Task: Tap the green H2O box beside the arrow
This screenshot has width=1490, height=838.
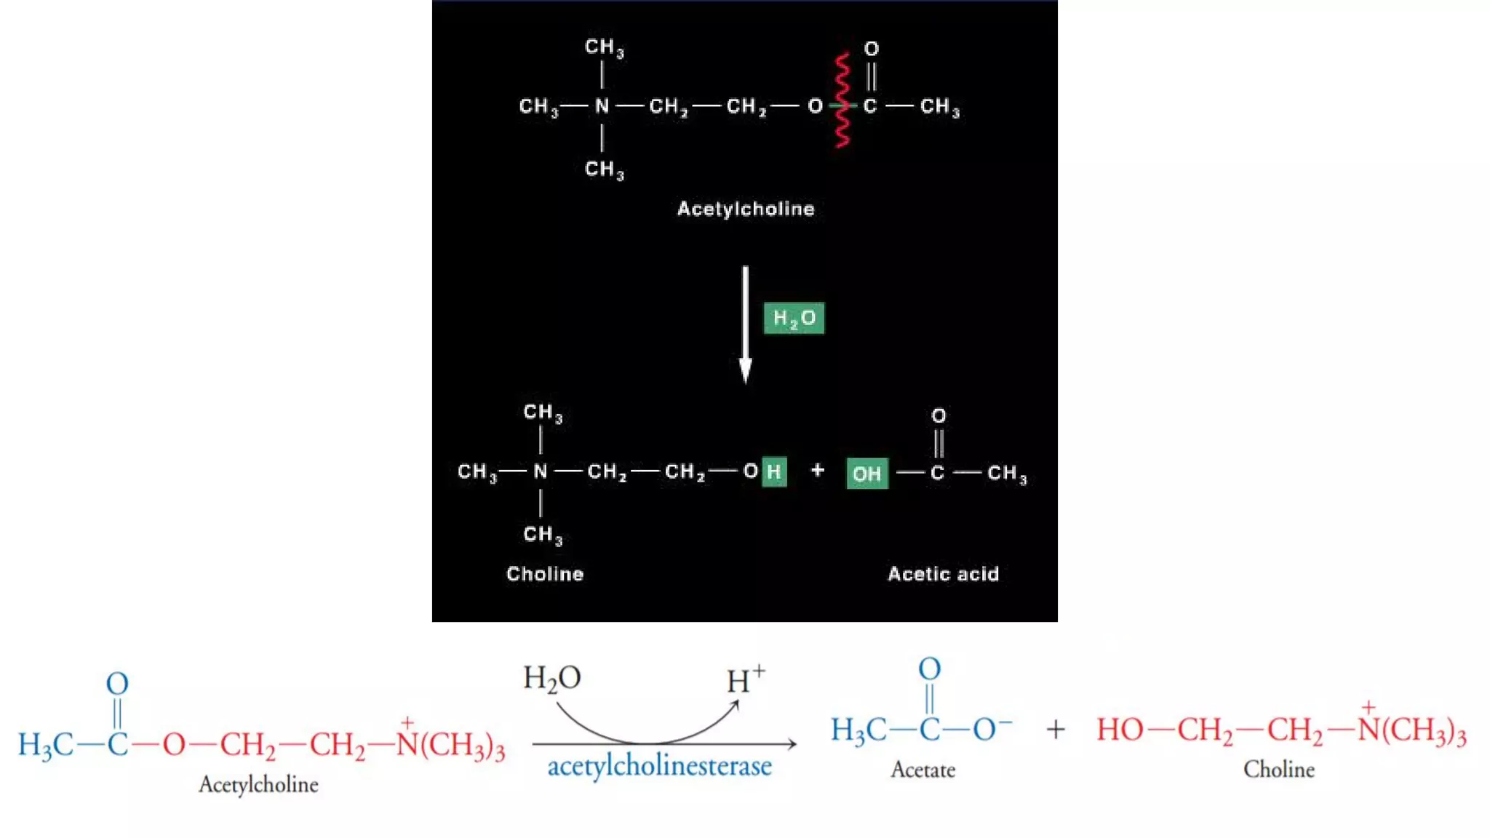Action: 794,318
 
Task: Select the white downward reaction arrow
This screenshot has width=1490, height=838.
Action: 745,324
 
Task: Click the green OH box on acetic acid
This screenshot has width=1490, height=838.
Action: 866,474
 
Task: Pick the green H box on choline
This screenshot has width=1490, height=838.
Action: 774,472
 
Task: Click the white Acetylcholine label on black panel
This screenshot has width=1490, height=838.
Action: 746,209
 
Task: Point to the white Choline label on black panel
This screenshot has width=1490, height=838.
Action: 545,574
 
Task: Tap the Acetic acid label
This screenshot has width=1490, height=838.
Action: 943,574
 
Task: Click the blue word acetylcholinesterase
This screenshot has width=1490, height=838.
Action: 659,767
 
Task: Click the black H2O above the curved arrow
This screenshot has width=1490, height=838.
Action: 551,678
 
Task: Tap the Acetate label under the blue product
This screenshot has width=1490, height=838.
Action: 923,770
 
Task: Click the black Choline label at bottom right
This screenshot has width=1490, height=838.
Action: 1278,769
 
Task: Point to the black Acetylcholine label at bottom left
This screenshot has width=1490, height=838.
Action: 258,784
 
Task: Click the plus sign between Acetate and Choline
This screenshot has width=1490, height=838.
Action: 1055,729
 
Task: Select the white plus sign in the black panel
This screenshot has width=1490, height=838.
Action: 818,470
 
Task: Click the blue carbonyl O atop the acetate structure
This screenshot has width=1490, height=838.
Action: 929,669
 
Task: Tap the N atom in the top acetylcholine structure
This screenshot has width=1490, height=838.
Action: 602,106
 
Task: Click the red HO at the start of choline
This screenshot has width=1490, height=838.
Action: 1120,730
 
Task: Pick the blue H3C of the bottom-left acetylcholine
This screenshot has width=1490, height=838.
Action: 45,745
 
